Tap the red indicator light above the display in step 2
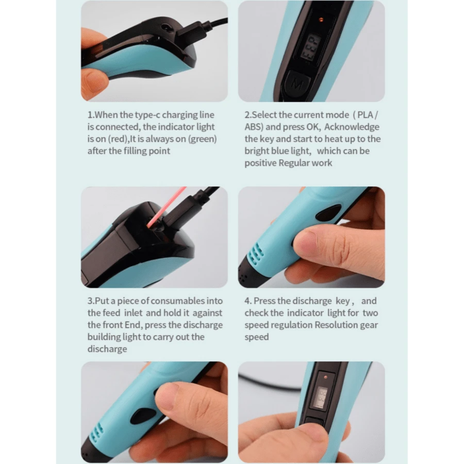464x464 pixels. (321, 20)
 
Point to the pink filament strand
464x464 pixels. (166, 207)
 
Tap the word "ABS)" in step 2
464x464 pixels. (254, 127)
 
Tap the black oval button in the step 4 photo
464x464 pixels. (328, 212)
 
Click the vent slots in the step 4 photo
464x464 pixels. (256, 255)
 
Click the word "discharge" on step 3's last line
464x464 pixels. (107, 349)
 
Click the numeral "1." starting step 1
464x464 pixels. (91, 115)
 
